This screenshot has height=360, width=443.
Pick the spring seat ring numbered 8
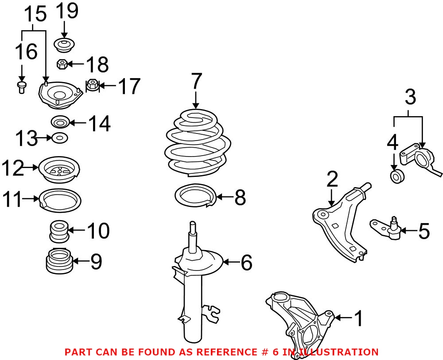pyautogui.click(x=195, y=196)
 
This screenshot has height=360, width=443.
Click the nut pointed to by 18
pyautogui.click(x=62, y=65)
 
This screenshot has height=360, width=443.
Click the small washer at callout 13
pyautogui.click(x=59, y=138)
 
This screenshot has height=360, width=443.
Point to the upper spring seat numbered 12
pyautogui.click(x=59, y=169)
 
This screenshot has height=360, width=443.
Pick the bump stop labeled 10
pyautogui.click(x=58, y=231)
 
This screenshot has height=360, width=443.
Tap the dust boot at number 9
pyautogui.click(x=59, y=261)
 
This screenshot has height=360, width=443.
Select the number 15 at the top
pyautogui.click(x=35, y=15)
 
